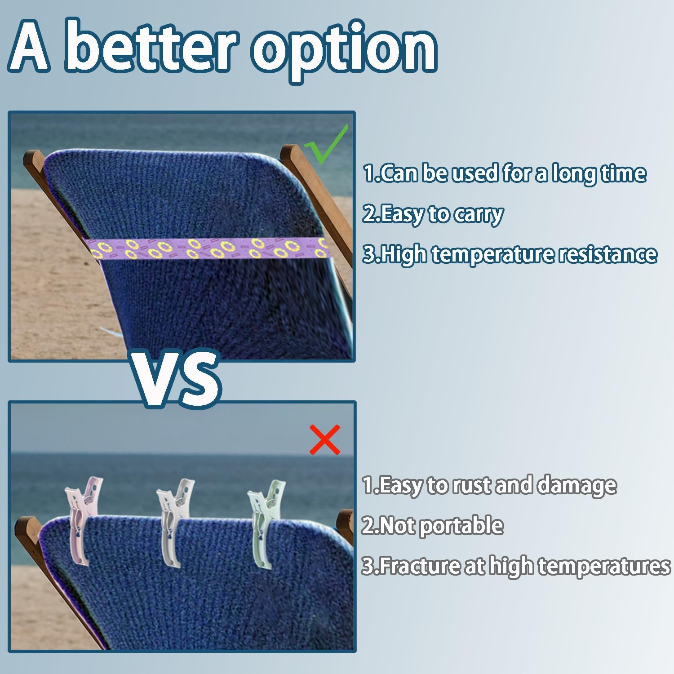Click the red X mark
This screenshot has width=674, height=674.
click(x=325, y=440)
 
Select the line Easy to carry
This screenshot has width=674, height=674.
click(x=433, y=214)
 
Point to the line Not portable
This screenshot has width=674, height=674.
click(x=432, y=526)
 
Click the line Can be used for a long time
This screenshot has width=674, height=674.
click(x=505, y=173)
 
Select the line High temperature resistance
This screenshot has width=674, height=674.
click(x=510, y=255)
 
